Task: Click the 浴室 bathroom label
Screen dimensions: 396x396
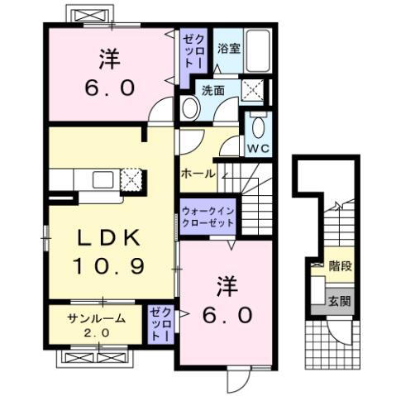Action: click(x=229, y=49)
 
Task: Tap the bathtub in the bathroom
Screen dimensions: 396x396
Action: click(x=258, y=51)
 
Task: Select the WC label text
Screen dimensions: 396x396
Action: click(x=258, y=149)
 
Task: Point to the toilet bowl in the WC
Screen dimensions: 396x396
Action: click(x=259, y=127)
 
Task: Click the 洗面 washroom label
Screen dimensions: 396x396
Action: click(x=213, y=91)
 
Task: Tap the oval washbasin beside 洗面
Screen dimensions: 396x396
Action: click(x=191, y=107)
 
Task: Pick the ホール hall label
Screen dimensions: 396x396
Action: click(x=198, y=174)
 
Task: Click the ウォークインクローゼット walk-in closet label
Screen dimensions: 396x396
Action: click(x=208, y=217)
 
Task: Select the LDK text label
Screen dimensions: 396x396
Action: click(x=108, y=237)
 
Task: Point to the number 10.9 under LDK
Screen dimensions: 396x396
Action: click(x=108, y=266)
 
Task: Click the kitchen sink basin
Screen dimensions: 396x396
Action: click(x=103, y=179)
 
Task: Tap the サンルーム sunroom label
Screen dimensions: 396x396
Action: click(x=97, y=319)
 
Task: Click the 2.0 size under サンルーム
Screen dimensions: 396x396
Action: click(x=97, y=333)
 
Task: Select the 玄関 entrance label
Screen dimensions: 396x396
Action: click(x=340, y=301)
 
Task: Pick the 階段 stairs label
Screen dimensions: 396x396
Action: click(x=341, y=266)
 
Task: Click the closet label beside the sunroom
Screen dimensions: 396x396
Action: click(x=160, y=324)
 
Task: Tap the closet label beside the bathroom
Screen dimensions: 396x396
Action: click(x=193, y=51)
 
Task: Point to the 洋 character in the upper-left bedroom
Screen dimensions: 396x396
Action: click(x=109, y=59)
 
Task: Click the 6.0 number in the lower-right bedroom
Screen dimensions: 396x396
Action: click(x=227, y=315)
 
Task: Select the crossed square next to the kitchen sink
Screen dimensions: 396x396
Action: click(x=131, y=179)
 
